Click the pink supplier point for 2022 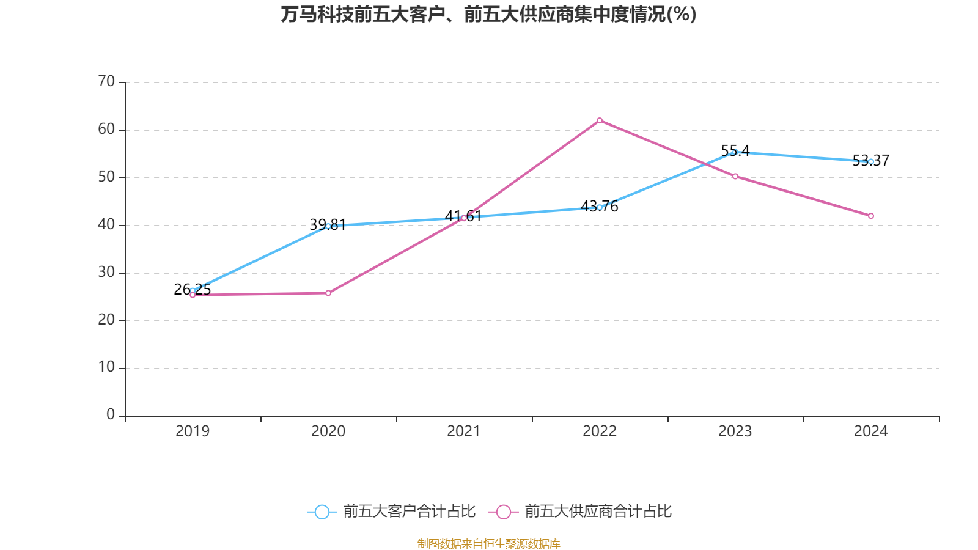[x=600, y=120]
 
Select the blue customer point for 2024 [x=871, y=161]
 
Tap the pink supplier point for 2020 [x=328, y=293]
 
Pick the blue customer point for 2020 [x=328, y=226]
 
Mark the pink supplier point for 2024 [x=871, y=216]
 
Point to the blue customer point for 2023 [x=735, y=152]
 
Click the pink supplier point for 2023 [x=735, y=177]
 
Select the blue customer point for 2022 [x=600, y=207]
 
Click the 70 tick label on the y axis [x=106, y=81]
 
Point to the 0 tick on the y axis [x=111, y=415]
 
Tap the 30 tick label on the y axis [x=106, y=272]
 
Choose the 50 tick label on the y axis [x=106, y=177]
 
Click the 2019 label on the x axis [x=193, y=431]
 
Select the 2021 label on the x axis [x=464, y=431]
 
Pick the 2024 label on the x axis [x=871, y=431]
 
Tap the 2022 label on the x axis [x=600, y=431]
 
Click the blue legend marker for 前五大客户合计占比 [x=322, y=512]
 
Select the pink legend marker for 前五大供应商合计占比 [x=504, y=512]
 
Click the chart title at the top [x=488, y=14]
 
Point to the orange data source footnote [x=488, y=543]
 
